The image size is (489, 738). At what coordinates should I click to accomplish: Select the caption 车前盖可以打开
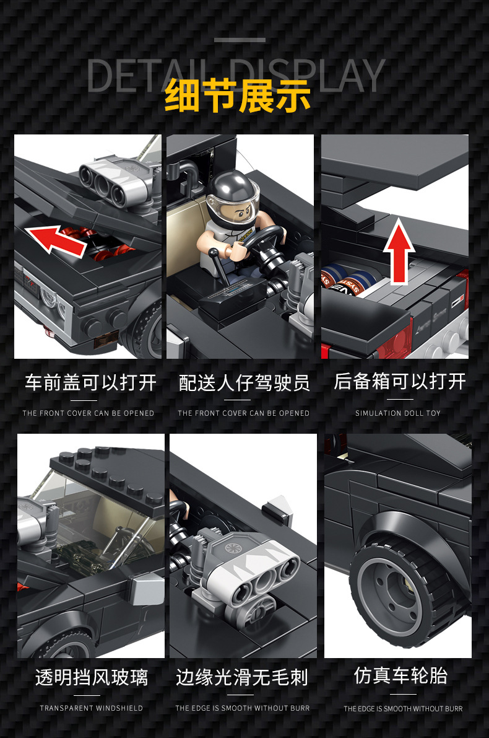click(90, 382)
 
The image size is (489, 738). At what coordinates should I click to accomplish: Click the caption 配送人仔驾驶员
click(244, 382)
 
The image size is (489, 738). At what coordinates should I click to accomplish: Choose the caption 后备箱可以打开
click(399, 381)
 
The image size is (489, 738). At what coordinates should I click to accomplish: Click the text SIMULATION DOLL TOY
click(398, 413)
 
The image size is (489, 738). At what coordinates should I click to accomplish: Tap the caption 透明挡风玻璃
click(91, 677)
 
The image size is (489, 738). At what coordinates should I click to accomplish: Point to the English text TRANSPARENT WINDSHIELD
click(91, 708)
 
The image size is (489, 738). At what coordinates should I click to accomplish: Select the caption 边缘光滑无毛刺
click(242, 677)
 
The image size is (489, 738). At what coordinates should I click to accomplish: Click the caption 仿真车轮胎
click(400, 675)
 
